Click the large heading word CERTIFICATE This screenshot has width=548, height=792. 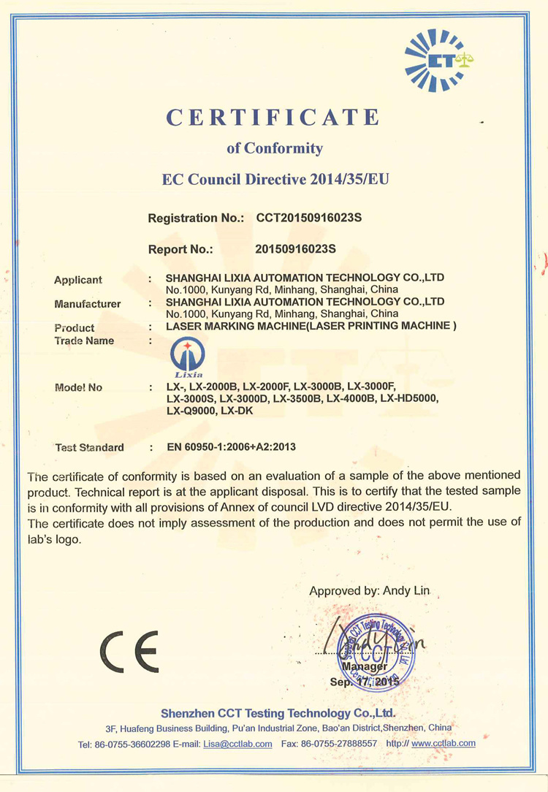click(274, 117)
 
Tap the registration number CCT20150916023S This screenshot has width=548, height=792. click(310, 218)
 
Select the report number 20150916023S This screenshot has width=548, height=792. click(295, 248)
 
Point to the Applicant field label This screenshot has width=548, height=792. click(78, 280)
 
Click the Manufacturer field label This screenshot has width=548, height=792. click(88, 304)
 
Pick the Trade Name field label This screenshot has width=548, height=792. click(84, 340)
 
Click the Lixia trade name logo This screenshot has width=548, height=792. click(187, 358)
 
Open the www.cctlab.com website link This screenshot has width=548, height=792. click(444, 743)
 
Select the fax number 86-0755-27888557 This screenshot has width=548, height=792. click(343, 744)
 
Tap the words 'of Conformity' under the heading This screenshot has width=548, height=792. click(274, 148)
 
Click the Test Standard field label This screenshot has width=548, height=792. click(90, 447)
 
